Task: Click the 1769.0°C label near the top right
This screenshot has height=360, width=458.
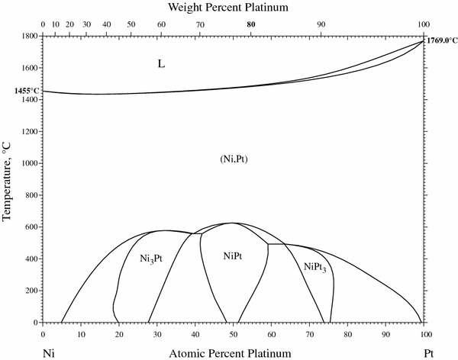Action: (x=440, y=43)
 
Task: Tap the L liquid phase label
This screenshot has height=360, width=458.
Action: (x=161, y=63)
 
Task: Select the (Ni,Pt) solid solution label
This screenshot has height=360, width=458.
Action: (x=235, y=159)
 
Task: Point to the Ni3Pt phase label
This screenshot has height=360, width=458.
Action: (x=150, y=259)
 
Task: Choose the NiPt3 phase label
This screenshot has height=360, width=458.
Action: (x=314, y=267)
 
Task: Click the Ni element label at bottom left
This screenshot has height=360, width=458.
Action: (x=49, y=353)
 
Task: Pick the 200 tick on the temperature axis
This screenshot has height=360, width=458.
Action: (x=32, y=291)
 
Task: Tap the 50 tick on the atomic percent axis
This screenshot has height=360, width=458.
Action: (x=233, y=333)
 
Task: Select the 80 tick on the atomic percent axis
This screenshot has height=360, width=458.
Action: (x=347, y=333)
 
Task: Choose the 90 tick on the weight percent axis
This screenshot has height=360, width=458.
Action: (x=321, y=24)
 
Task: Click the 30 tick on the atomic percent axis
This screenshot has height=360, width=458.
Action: (x=156, y=333)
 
